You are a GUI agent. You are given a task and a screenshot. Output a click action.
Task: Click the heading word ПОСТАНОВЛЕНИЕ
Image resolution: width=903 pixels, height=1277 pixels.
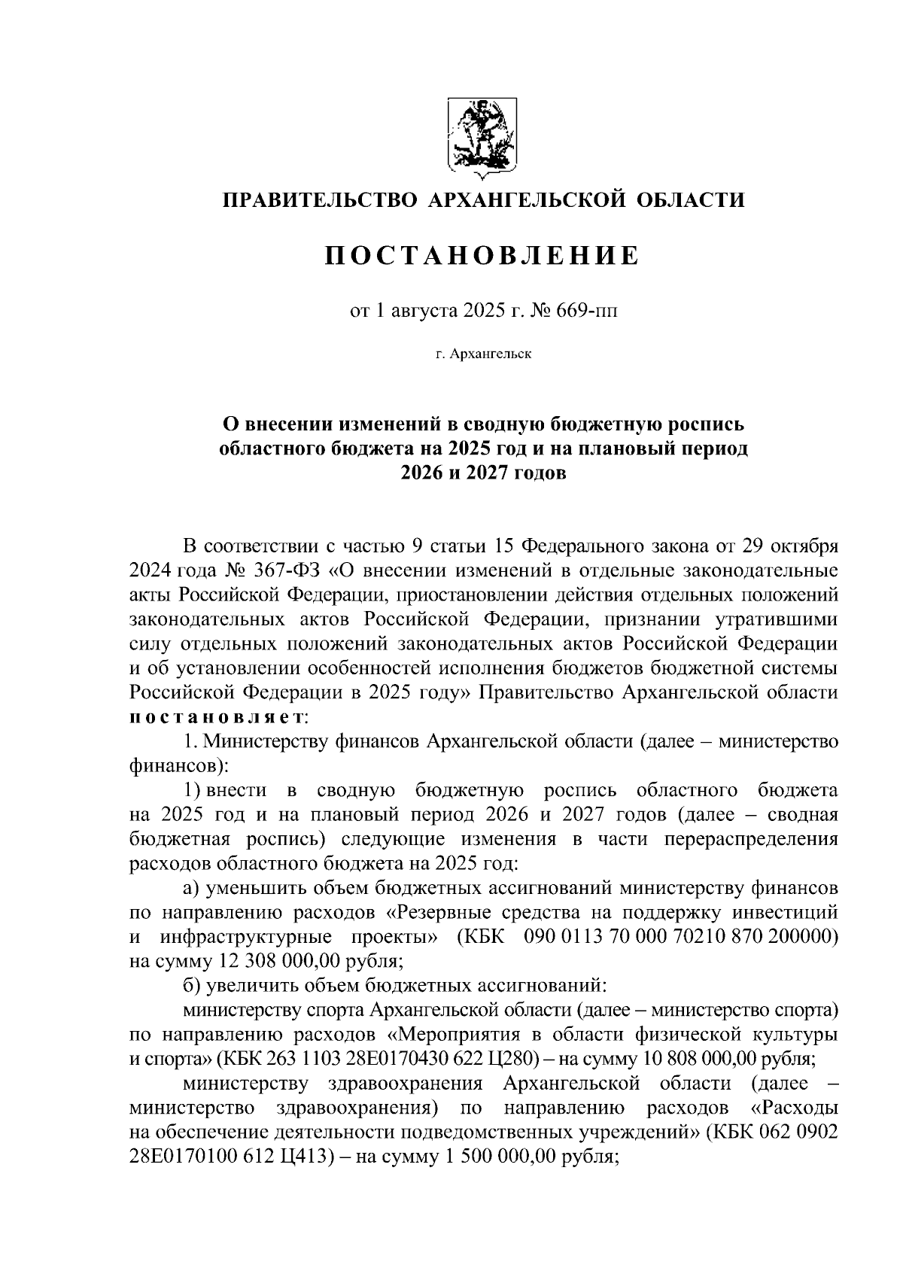482,256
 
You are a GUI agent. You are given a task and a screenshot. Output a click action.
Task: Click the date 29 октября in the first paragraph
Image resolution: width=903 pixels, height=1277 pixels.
790,544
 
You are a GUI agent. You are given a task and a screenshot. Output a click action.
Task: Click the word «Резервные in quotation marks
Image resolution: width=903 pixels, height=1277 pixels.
439,913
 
